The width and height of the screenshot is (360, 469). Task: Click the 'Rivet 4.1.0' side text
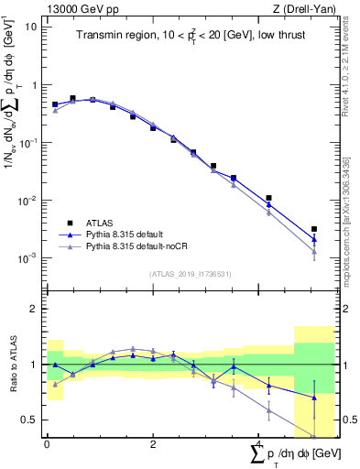click(349, 68)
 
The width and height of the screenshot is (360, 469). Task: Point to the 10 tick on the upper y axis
click(31, 26)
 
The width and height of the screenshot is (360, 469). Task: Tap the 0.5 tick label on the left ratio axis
click(30, 420)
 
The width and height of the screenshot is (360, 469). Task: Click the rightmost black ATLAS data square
click(314, 229)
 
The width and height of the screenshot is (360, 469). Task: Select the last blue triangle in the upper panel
click(314, 239)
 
